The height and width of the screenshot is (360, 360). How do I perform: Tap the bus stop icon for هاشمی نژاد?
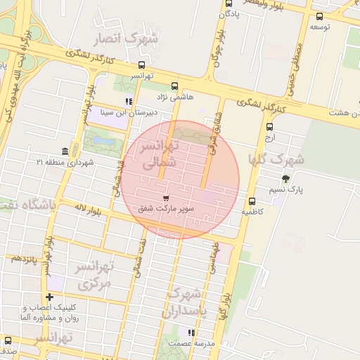[174, 85]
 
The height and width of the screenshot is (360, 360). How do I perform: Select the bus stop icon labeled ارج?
[269, 127]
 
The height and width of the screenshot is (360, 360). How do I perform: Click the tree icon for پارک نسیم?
[285, 179]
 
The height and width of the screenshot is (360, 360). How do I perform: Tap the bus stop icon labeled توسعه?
[320, 16]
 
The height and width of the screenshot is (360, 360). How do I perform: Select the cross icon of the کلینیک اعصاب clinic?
[49, 297]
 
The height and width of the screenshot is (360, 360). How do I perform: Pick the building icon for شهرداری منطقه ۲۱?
[65, 152]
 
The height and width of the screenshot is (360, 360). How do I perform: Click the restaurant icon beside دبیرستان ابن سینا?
[129, 101]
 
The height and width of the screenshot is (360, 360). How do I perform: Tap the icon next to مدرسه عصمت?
[191, 333]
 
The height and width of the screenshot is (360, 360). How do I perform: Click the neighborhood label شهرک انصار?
[130, 39]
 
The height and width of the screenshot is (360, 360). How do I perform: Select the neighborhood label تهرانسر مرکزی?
[95, 276]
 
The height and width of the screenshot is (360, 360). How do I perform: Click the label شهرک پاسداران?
[186, 301]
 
